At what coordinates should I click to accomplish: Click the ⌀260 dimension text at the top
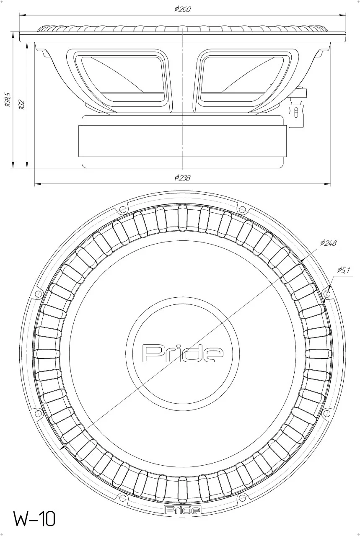[182, 9]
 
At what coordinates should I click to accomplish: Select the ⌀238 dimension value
[182, 178]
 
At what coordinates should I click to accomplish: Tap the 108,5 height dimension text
[8, 99]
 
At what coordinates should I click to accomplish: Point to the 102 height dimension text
[21, 104]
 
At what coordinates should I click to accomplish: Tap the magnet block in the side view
[182, 141]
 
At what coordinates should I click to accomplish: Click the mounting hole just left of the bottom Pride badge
[123, 497]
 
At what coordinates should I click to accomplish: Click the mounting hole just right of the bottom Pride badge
[241, 497]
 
